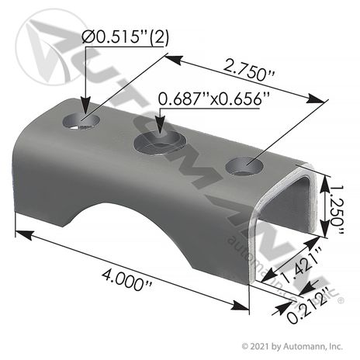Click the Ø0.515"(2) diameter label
click(x=125, y=37)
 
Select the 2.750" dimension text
click(x=248, y=70)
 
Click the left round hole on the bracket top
click(x=81, y=121)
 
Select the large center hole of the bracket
click(x=160, y=142)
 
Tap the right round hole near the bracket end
click(x=244, y=166)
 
